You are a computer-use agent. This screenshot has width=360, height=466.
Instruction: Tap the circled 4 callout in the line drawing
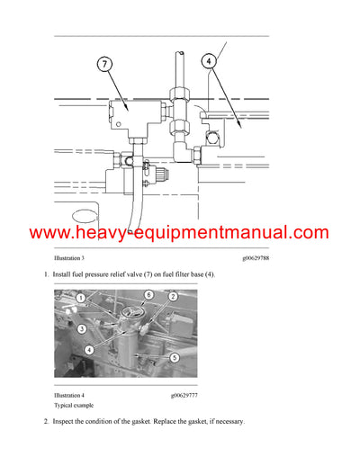208,62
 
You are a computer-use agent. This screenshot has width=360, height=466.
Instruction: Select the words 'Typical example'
76,405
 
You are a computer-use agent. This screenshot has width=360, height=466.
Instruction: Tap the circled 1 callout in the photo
81,298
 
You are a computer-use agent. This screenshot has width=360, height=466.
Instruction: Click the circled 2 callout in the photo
172,296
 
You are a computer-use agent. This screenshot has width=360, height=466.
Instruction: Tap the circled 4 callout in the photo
88,349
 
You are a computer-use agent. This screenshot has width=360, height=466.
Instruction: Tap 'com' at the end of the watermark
310,233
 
